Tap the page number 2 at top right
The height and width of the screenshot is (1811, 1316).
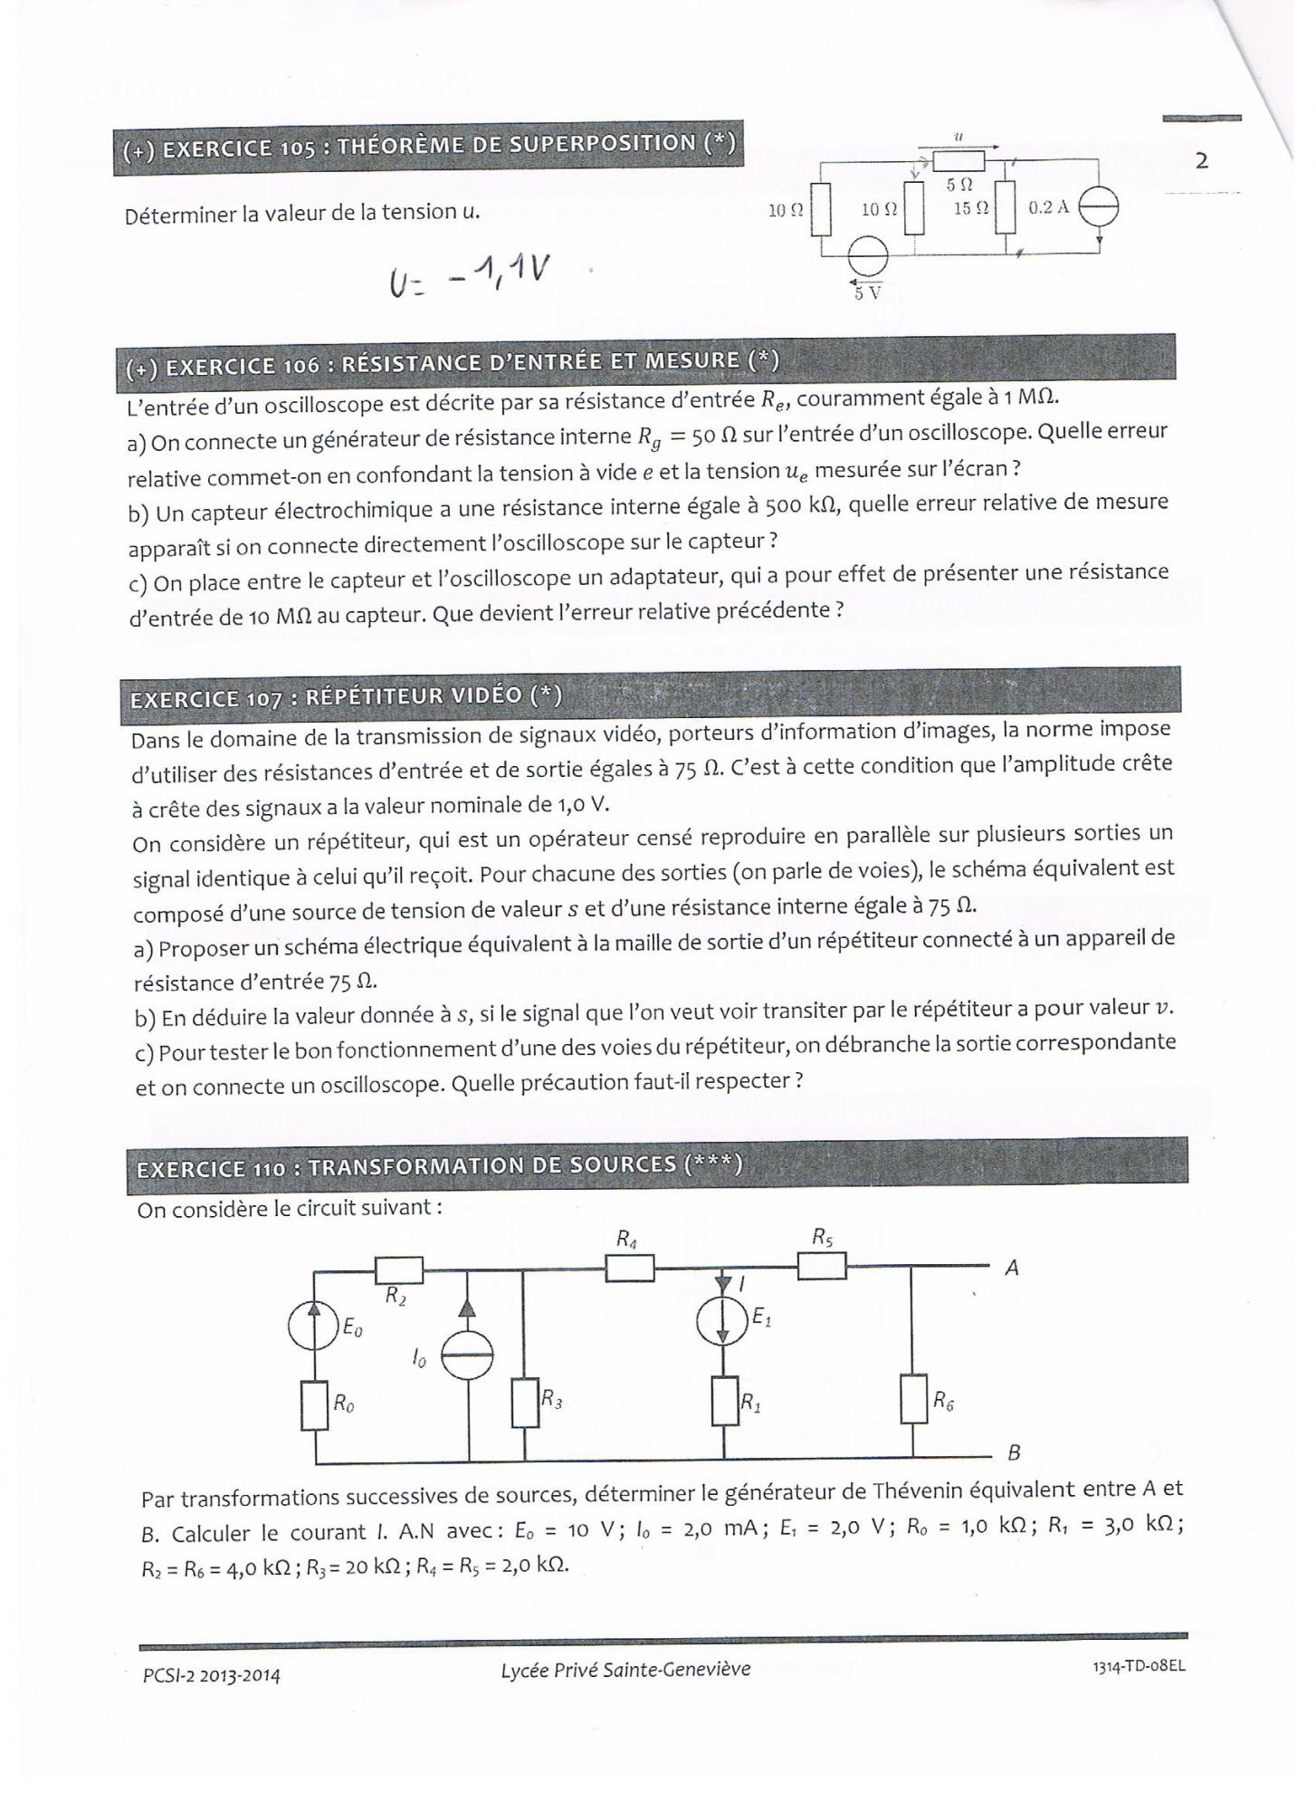1201,161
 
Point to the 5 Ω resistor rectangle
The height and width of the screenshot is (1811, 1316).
958,162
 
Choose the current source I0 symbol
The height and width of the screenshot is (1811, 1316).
469,1356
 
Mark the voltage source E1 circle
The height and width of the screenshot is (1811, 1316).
723,1322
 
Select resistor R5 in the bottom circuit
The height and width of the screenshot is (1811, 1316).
821,1265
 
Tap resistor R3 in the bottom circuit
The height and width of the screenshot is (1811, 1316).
525,1403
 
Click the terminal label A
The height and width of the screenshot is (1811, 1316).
1012,1269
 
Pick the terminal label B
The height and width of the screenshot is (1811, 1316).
1014,1453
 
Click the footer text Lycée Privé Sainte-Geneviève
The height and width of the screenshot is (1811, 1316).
625,1670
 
